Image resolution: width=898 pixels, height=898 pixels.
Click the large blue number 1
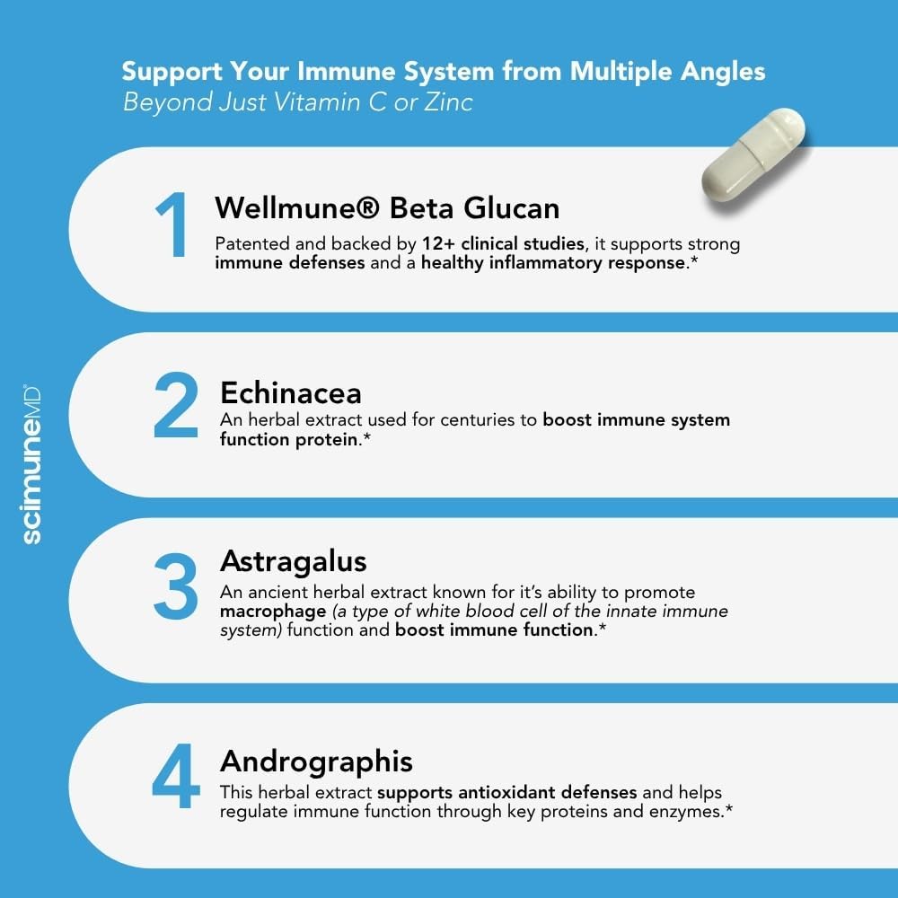coord(173,226)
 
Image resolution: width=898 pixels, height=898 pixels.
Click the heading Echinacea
coord(291,392)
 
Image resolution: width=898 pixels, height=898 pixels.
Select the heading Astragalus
coord(294,561)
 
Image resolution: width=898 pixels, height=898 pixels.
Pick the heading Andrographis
coord(316,761)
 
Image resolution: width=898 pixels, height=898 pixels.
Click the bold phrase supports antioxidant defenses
coord(507,793)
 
